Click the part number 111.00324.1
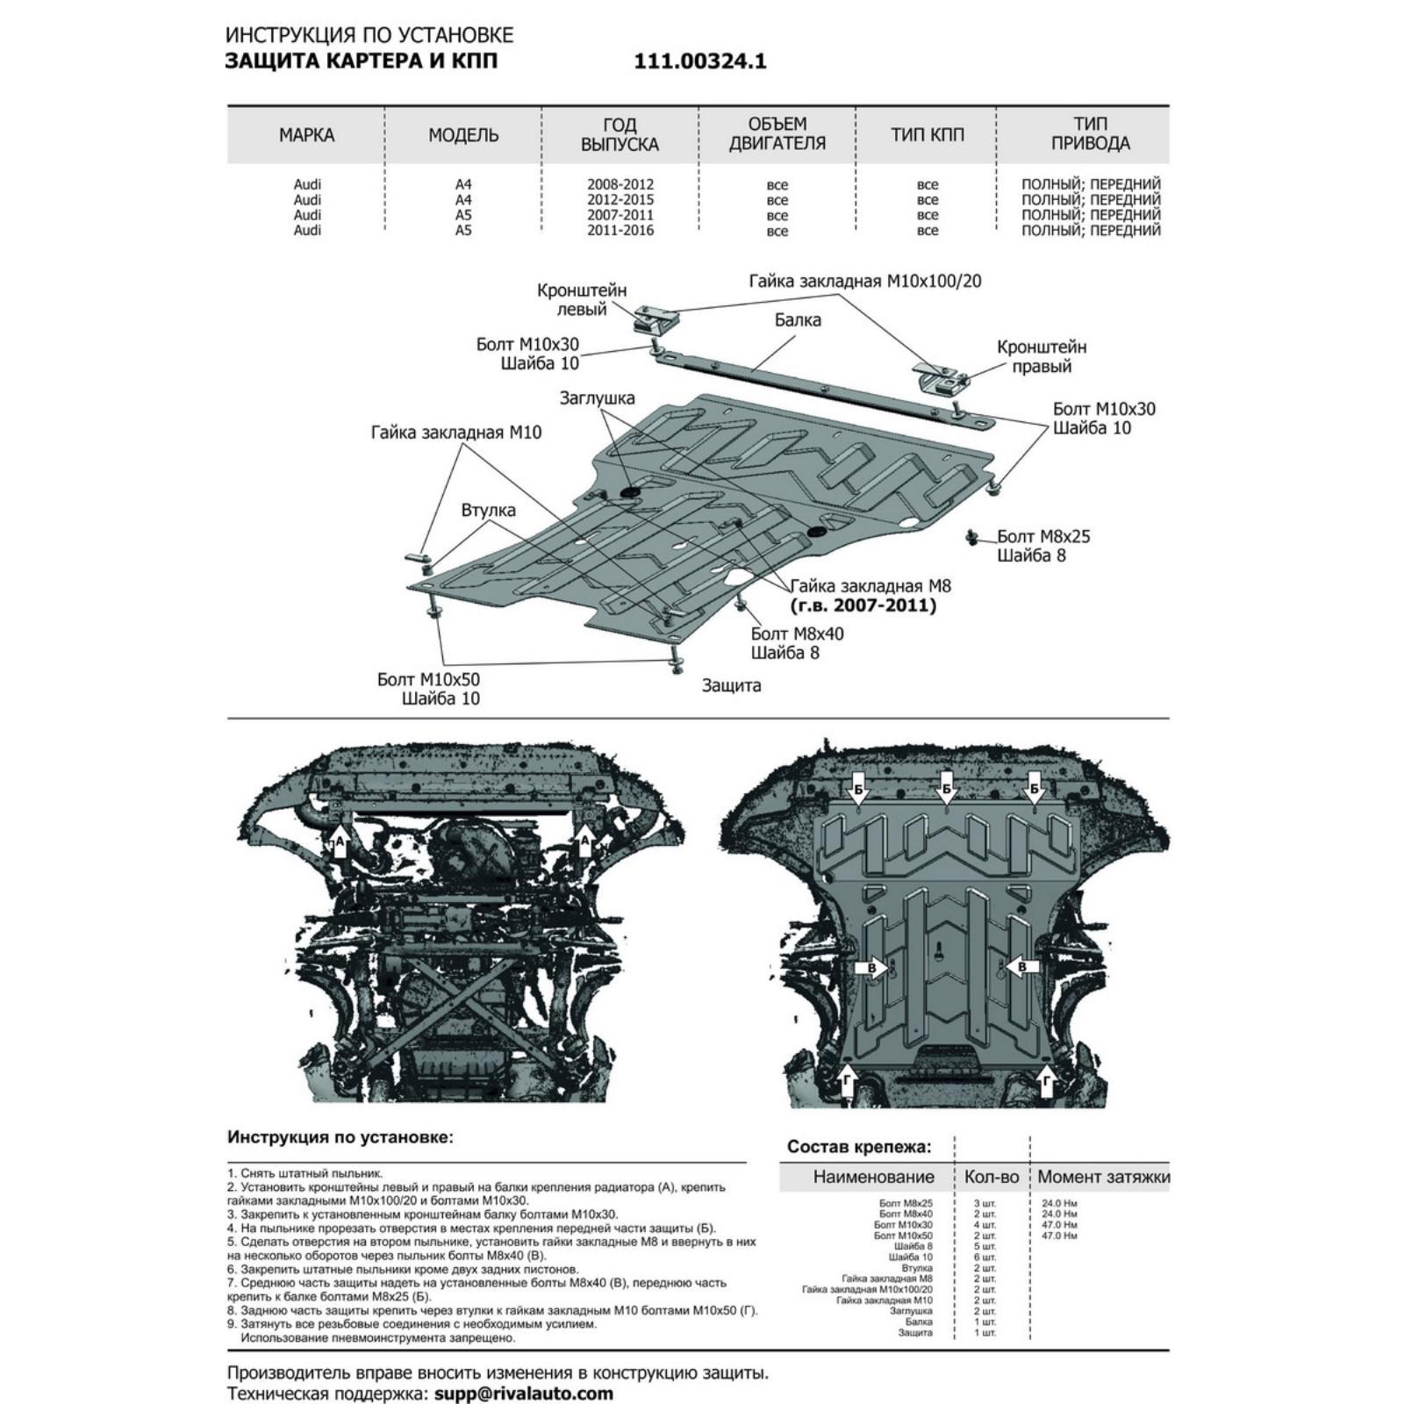tap(699, 61)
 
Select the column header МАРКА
tap(306, 135)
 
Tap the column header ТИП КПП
tap(927, 135)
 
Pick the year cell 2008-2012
tap(620, 184)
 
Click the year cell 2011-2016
tap(620, 231)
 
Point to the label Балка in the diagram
tap(798, 320)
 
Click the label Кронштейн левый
tap(583, 299)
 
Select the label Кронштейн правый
tap(1042, 356)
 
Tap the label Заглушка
tap(598, 398)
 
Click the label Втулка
tap(489, 511)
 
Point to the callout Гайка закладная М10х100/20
tap(864, 282)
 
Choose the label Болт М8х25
tap(1043, 537)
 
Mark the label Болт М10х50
tap(429, 680)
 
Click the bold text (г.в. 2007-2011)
tap(863, 605)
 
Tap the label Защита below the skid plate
tap(731, 685)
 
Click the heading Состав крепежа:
tap(858, 1146)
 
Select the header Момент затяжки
tap(1103, 1178)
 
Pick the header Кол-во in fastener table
tap(992, 1178)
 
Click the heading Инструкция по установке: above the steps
tap(340, 1137)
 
